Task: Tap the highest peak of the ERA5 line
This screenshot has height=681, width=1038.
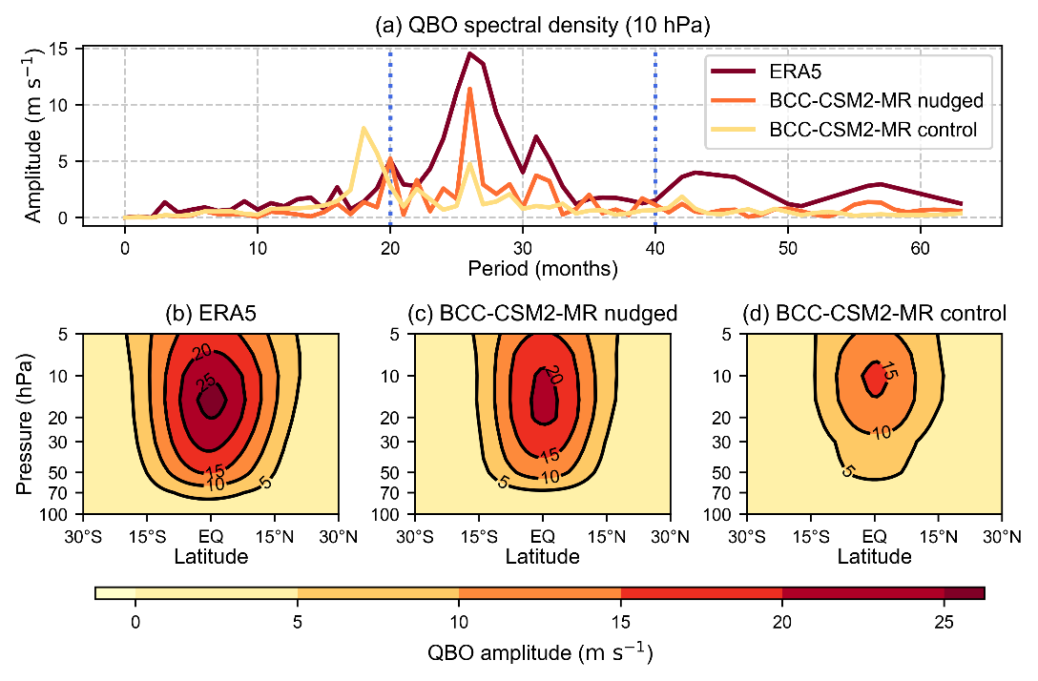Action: click(x=469, y=53)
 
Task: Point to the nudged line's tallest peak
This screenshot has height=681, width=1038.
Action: click(x=469, y=89)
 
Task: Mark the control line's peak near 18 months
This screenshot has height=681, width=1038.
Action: click(x=363, y=128)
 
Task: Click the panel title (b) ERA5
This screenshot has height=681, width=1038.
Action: click(x=212, y=314)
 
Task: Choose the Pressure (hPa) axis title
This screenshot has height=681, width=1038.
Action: click(x=27, y=424)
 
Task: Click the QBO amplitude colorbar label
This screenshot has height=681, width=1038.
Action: click(x=541, y=654)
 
